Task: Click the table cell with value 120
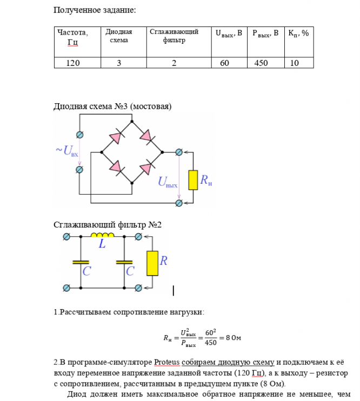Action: coord(73,63)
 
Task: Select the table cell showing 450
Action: coord(261,63)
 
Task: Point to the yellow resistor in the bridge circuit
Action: coord(193,180)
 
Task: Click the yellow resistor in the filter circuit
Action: coord(152,263)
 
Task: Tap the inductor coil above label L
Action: coord(102,236)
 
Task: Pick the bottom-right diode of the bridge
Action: coord(145,169)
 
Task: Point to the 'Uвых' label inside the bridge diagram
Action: coord(168,182)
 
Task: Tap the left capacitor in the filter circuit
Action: coord(81,262)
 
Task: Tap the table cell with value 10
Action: coord(295,63)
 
